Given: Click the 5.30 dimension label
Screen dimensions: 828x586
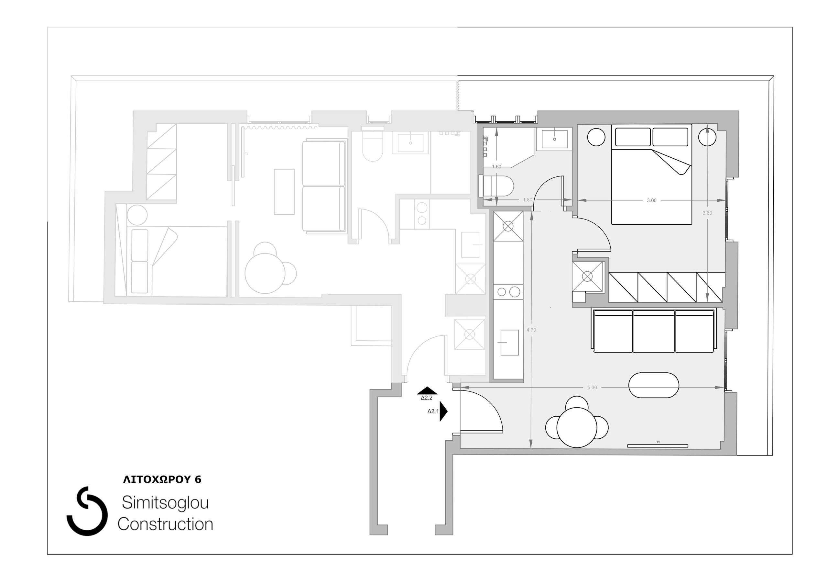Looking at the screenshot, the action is pyautogui.click(x=592, y=388).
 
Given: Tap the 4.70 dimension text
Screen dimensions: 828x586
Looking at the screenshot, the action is pyautogui.click(x=531, y=330).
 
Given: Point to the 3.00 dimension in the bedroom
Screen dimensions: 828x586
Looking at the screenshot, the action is pyautogui.click(x=651, y=200).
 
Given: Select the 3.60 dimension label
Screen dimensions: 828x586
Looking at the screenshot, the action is pyautogui.click(x=707, y=213).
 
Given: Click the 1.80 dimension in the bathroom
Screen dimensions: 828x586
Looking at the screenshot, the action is pyautogui.click(x=528, y=200).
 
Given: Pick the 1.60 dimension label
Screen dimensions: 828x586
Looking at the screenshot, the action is pyautogui.click(x=496, y=166).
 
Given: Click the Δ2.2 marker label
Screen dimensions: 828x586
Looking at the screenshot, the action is pyautogui.click(x=427, y=398).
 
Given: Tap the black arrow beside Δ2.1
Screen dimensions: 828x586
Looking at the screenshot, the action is pyautogui.click(x=443, y=411).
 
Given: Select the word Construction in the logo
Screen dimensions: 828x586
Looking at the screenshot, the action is pyautogui.click(x=165, y=524).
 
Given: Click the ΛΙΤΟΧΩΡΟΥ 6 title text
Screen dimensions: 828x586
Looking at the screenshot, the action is pyautogui.click(x=162, y=479).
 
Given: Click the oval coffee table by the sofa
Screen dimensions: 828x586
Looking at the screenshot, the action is pyautogui.click(x=653, y=385).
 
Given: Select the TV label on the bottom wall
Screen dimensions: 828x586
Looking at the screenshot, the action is pyautogui.click(x=658, y=442).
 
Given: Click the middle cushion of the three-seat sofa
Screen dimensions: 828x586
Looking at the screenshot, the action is pyautogui.click(x=653, y=332).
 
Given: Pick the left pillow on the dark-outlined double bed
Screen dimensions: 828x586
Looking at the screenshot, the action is pyautogui.click(x=633, y=137).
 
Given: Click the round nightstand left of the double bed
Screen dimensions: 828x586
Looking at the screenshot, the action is pyautogui.click(x=596, y=137).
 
